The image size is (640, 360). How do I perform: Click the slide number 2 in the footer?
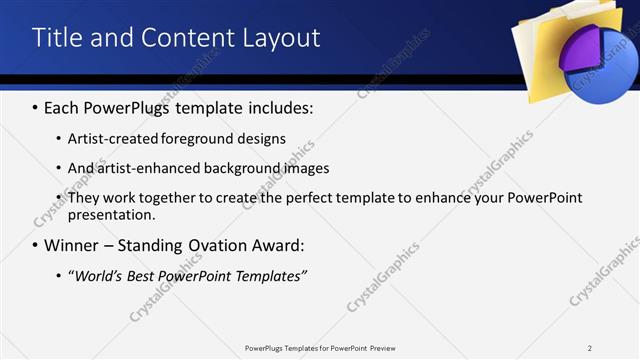pyautogui.click(x=589, y=347)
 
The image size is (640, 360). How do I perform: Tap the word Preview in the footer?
pyautogui.click(x=389, y=347)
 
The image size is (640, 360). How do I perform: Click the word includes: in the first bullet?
pyautogui.click(x=279, y=107)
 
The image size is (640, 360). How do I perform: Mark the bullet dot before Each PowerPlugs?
pyautogui.click(x=36, y=107)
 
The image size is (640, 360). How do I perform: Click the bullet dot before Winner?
pyautogui.click(x=36, y=245)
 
